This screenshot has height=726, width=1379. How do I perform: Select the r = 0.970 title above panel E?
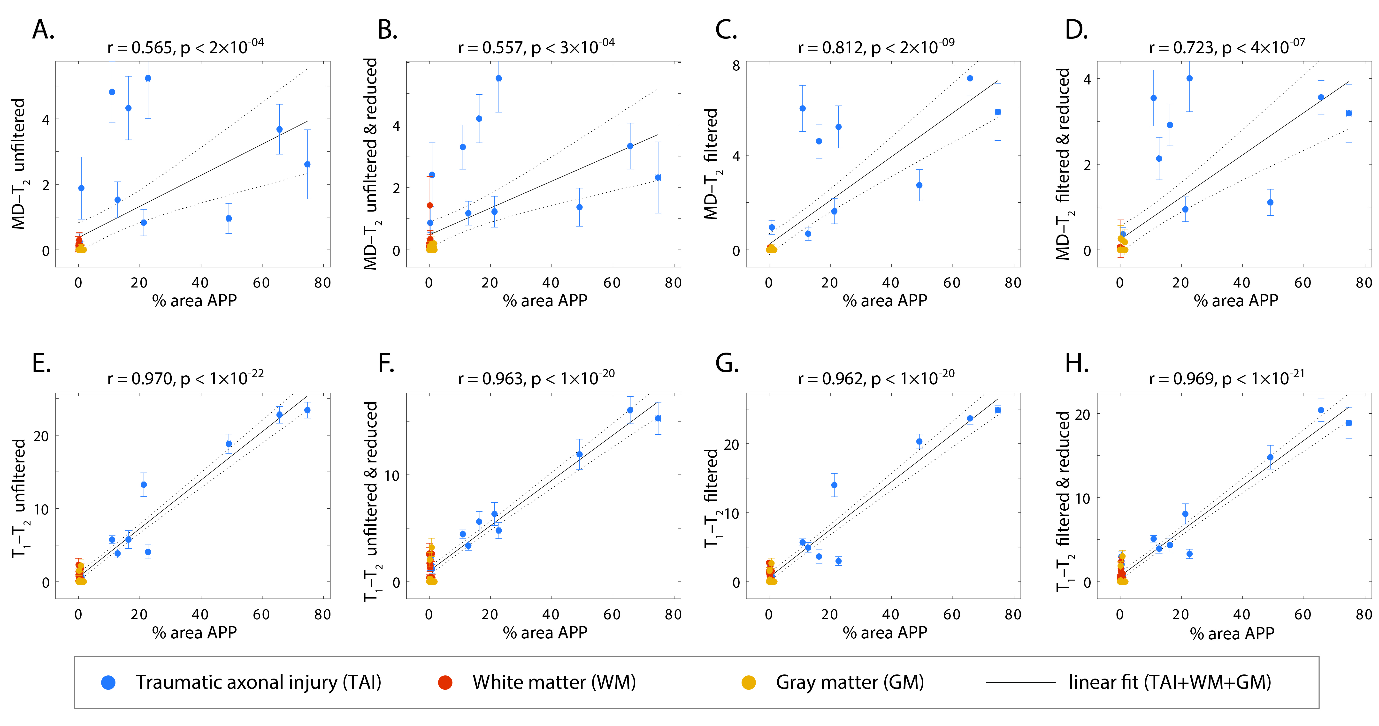[x=185, y=379]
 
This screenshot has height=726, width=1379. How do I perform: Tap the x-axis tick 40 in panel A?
[x=200, y=283]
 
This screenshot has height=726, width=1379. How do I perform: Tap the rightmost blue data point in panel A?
[x=307, y=164]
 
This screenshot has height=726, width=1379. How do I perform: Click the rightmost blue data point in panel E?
[x=307, y=410]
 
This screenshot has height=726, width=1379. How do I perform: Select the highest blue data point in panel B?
[x=498, y=78]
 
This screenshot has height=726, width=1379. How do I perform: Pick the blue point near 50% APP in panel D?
[x=1270, y=202]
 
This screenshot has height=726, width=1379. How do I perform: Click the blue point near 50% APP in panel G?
[x=919, y=442]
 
